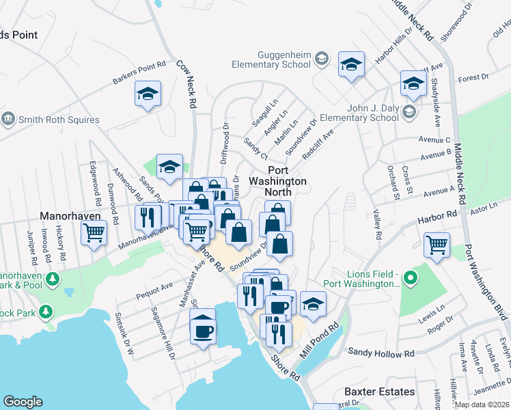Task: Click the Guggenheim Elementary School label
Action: [x=284, y=59]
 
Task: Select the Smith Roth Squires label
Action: [x=59, y=120]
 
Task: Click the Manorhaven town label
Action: [x=70, y=215]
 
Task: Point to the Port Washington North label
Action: [x=277, y=181]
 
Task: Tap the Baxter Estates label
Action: [x=378, y=392]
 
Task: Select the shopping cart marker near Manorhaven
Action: [x=94, y=232]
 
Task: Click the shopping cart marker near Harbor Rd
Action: [x=437, y=243]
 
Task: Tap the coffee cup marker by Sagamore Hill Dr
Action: [x=203, y=331]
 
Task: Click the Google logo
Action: [x=23, y=402]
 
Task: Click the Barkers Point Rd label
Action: [x=139, y=74]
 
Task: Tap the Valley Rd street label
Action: [x=377, y=225]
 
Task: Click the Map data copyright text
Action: [x=481, y=405]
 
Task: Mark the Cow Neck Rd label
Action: [x=187, y=83]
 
